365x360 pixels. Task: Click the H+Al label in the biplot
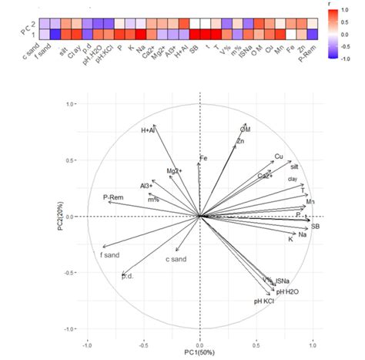[149, 131]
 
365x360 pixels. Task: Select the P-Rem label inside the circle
[113, 197]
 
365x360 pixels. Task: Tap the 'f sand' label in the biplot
[109, 254]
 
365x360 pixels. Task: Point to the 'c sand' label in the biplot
[176, 259]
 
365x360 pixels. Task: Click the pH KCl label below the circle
[264, 301]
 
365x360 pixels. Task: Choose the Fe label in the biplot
[203, 158]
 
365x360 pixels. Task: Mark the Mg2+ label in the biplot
[175, 170]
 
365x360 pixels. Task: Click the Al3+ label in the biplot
[146, 186]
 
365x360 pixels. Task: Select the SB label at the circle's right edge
[316, 227]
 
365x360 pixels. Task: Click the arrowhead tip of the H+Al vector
[155, 125]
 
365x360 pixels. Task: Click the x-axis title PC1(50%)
[200, 352]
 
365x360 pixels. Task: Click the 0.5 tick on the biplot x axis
[256, 338]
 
